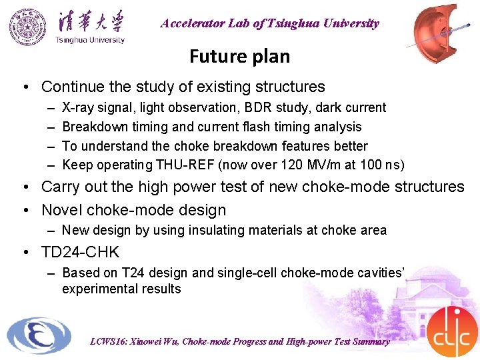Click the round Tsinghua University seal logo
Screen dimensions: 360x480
[28, 27]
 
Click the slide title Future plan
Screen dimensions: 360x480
[239, 56]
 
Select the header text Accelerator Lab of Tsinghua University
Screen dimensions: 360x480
[269, 23]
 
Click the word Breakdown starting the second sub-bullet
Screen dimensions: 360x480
[91, 127]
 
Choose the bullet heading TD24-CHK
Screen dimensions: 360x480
[80, 252]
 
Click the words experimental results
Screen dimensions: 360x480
[121, 289]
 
